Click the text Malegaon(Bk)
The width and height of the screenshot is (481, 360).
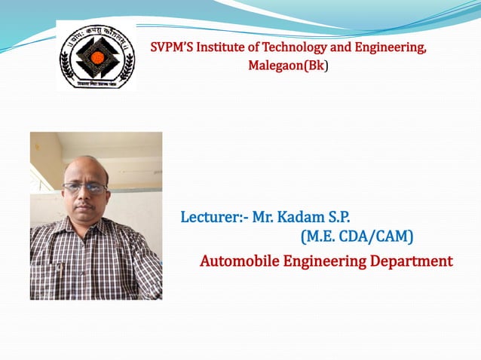click(x=289, y=66)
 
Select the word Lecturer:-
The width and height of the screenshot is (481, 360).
click(x=214, y=218)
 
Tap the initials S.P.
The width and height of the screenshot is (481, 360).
click(x=337, y=218)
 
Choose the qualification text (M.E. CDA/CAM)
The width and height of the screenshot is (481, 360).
click(x=357, y=238)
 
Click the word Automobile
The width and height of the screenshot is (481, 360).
click(x=237, y=261)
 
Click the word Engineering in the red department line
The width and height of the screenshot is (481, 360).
click(x=322, y=261)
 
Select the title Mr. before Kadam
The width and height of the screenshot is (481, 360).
click(x=262, y=218)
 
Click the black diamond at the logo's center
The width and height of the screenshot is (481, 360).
click(x=97, y=55)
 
